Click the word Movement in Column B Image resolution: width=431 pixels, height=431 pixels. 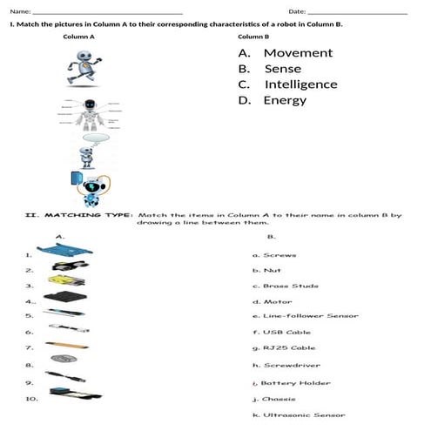coord(298,53)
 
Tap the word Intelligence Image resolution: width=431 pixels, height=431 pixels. coord(300,84)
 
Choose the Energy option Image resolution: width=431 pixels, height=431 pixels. coord(285,100)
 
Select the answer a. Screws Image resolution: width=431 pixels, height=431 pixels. coord(274,255)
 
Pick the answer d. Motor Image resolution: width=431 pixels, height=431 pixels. coord(272,300)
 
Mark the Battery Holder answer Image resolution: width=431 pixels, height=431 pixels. coord(290,382)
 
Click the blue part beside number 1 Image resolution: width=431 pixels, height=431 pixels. coord(64,253)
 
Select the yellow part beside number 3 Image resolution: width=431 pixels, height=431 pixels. coord(65,285)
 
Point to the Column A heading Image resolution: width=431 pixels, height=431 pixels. coord(79,38)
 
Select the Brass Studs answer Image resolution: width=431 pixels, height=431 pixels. coord(285,286)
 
